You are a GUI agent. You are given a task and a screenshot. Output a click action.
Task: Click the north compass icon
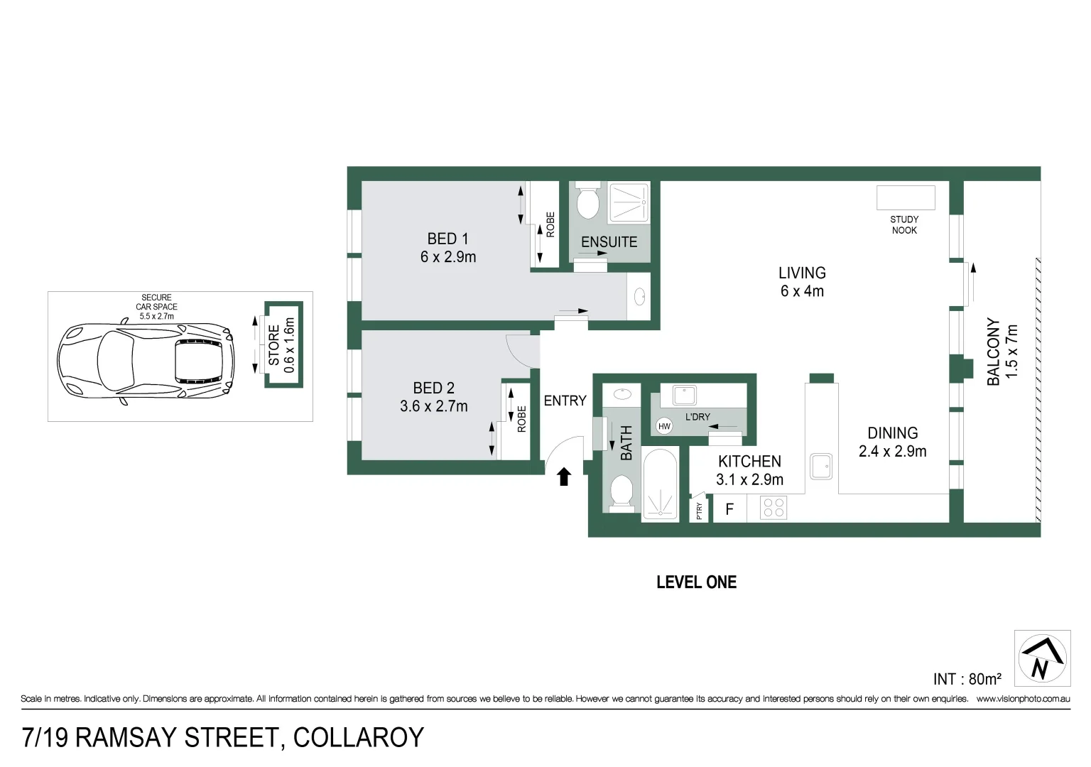[x=1042, y=658]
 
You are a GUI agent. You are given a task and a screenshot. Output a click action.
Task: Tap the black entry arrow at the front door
[x=564, y=477]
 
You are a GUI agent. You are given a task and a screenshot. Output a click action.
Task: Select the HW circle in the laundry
[x=664, y=426]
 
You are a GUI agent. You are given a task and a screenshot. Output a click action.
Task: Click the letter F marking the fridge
[x=729, y=509]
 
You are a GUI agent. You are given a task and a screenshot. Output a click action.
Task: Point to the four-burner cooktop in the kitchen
[x=773, y=508]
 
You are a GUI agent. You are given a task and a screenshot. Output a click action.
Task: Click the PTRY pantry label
[x=699, y=511]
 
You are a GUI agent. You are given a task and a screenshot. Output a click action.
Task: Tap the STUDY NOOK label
[x=904, y=224]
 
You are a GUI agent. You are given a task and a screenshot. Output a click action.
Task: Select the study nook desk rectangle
[x=906, y=197]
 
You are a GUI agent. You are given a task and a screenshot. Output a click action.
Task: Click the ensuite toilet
[x=587, y=203]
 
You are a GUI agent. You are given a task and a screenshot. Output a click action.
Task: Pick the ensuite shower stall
[x=628, y=202]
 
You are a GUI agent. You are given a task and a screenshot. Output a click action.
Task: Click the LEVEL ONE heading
[x=696, y=582]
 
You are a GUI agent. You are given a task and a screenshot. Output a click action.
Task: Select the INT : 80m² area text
[x=967, y=679]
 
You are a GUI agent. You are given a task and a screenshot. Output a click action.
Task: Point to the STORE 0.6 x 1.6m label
[x=282, y=345]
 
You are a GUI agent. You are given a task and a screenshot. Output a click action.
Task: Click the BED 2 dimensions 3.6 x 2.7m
[x=433, y=406]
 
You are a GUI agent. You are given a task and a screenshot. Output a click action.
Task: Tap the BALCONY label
[x=993, y=352]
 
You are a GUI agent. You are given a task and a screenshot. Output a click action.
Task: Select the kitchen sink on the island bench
[x=821, y=467]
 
